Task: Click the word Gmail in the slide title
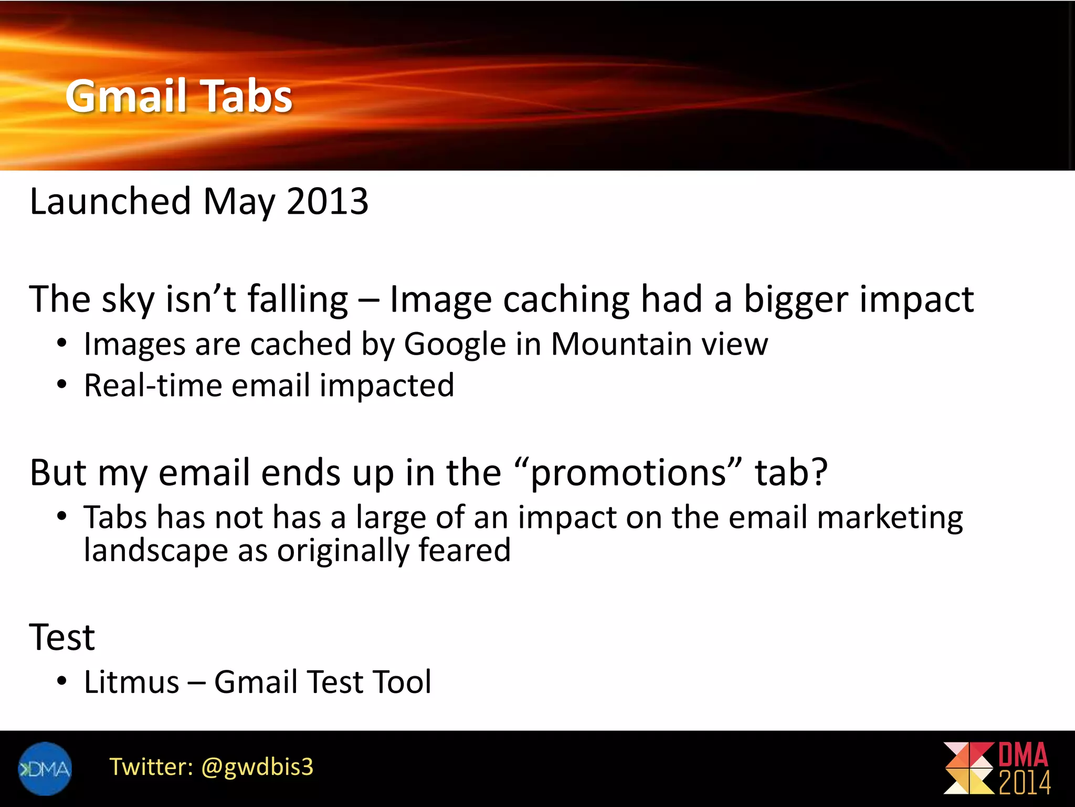pyautogui.click(x=126, y=96)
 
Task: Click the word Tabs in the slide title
pyautogui.click(x=247, y=96)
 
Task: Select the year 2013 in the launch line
pyautogui.click(x=328, y=201)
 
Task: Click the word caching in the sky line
pyautogui.click(x=566, y=299)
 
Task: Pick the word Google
pyautogui.click(x=454, y=345)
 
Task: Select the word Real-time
pyautogui.click(x=153, y=386)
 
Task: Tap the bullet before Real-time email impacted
pyautogui.click(x=62, y=386)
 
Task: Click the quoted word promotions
pyautogui.click(x=628, y=473)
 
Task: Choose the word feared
pyautogui.click(x=465, y=551)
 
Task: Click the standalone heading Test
pyautogui.click(x=62, y=638)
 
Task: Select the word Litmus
pyautogui.click(x=132, y=682)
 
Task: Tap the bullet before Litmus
pyautogui.click(x=62, y=682)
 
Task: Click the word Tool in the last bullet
pyautogui.click(x=402, y=682)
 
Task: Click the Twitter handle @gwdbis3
pyautogui.click(x=257, y=767)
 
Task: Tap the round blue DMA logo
pyautogui.click(x=45, y=769)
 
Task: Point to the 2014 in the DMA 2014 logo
pyautogui.click(x=1025, y=783)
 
